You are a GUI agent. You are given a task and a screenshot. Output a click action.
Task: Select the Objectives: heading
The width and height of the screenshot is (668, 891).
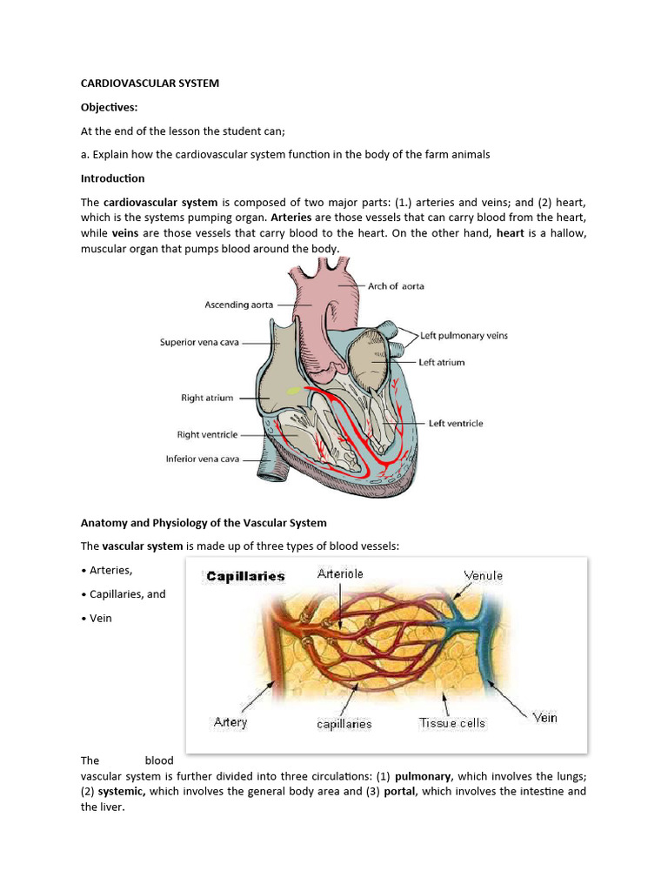point(110,107)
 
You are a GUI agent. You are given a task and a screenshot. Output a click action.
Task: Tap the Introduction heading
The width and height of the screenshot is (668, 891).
point(113,178)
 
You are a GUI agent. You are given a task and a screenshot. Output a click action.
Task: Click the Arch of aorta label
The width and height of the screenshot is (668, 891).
point(396,285)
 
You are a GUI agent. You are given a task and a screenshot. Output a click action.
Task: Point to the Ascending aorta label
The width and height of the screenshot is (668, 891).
point(239,305)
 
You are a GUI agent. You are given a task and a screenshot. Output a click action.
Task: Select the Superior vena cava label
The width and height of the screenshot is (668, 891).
point(199,342)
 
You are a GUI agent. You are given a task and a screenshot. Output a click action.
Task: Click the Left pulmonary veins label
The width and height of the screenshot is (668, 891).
point(464,335)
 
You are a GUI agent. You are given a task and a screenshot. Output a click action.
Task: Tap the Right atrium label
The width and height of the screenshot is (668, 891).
point(207,398)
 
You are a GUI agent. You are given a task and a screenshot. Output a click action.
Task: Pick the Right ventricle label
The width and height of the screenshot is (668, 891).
point(207,434)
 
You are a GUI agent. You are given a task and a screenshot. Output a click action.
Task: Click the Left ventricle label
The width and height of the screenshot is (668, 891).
point(455,424)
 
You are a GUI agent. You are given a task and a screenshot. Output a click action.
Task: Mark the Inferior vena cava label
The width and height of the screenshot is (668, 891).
point(203,459)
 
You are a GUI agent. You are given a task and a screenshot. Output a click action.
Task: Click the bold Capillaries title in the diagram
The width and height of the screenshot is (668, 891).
point(245,576)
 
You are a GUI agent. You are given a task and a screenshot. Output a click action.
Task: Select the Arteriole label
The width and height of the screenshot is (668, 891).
point(340,573)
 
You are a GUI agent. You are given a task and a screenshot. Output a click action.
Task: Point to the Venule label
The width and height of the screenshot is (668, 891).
point(483,575)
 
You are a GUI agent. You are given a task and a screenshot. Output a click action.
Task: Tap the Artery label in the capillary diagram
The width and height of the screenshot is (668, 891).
point(230,721)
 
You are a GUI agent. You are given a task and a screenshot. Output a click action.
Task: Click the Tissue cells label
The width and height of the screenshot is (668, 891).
point(452,723)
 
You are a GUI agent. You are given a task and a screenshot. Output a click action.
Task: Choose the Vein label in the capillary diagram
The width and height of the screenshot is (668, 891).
point(544,718)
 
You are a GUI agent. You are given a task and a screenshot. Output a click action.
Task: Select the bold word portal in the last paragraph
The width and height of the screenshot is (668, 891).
point(400,792)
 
